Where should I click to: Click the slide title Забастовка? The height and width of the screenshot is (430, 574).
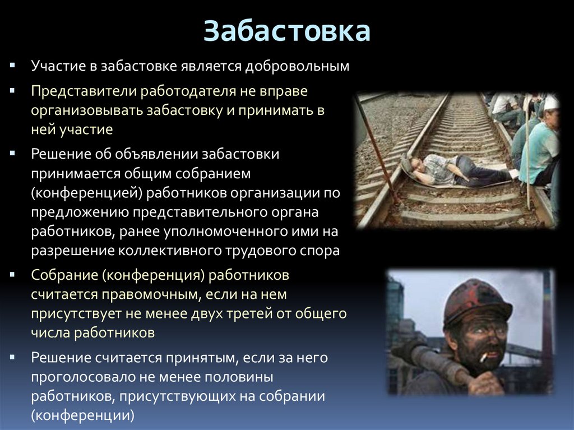(x=287, y=32)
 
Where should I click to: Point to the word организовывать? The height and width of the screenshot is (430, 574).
(x=87, y=110)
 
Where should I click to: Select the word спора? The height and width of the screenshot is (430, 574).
(x=322, y=251)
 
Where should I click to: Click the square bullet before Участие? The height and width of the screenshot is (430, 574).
(x=13, y=67)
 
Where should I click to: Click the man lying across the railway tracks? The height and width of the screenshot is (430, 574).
(x=454, y=170)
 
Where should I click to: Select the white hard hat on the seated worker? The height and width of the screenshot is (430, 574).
(x=552, y=103)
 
